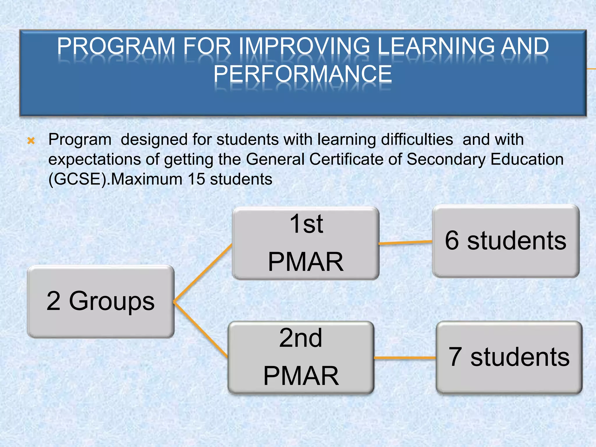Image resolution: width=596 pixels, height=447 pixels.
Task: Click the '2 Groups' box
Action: pos(101,301)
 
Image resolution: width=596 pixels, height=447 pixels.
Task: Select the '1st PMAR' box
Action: pos(306,243)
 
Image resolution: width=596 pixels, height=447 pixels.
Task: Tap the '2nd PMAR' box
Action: pos(301,357)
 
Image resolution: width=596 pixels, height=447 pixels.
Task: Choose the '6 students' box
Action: pos(506,241)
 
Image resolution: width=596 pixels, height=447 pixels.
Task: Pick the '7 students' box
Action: pos(509,357)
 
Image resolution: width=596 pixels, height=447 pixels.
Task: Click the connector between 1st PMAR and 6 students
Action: pos(405,243)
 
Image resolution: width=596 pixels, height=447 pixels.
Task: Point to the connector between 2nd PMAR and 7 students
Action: pos(405,358)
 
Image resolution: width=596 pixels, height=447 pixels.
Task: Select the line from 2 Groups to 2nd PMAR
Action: pos(201,330)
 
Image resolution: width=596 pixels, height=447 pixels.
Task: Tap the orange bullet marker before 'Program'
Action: pos(31,141)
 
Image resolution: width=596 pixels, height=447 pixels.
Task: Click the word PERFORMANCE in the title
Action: pos(303,74)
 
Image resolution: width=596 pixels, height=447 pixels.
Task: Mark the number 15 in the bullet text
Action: pos(196,179)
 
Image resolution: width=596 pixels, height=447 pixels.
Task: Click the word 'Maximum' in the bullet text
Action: pos(147,179)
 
